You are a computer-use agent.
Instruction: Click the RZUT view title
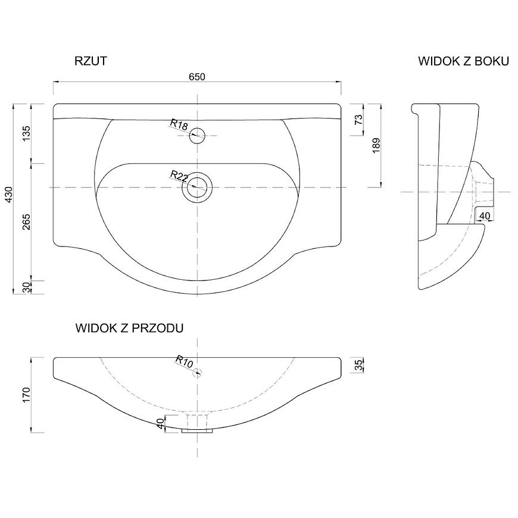(x=91, y=61)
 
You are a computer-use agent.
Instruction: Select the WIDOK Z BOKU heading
(x=463, y=61)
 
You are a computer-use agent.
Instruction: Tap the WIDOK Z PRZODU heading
(x=130, y=328)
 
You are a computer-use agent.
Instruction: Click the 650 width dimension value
(x=197, y=77)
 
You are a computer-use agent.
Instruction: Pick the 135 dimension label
(x=26, y=133)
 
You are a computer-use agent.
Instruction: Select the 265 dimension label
(x=26, y=221)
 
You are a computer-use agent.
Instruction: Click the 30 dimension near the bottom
(x=26, y=287)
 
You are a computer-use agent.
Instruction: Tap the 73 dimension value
(x=358, y=119)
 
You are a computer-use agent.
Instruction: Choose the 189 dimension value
(x=376, y=145)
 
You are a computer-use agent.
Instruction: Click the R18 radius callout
(x=179, y=124)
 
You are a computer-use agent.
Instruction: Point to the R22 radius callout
(x=179, y=176)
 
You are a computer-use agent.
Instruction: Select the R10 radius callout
(x=184, y=361)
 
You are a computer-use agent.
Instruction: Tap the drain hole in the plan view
(x=197, y=188)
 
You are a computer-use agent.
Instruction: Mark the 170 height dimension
(x=26, y=395)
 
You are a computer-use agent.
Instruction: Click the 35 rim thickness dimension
(x=358, y=365)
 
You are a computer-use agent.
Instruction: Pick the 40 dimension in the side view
(x=484, y=216)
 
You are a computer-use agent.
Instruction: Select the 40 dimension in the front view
(x=161, y=423)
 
